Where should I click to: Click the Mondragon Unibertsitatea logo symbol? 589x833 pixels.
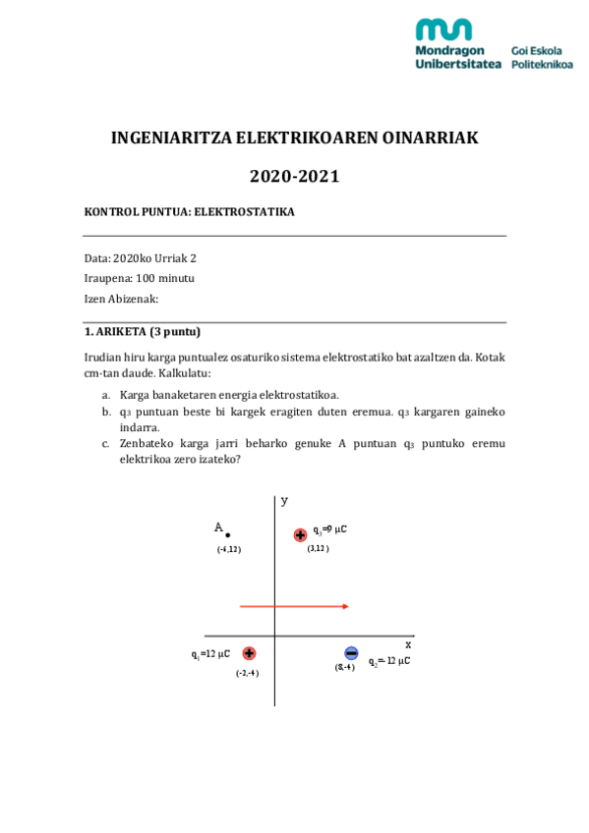coord(443,28)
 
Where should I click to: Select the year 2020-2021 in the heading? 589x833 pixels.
coord(294,177)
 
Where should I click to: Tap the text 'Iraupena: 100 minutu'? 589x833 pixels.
coord(140,278)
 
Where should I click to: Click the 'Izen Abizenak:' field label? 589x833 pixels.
coord(121,299)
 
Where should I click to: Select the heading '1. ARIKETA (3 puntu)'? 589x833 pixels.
coord(143,332)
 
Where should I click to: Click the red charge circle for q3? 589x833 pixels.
coord(300,535)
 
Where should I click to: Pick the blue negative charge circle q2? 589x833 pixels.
coord(351,653)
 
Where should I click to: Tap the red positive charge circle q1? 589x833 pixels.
coord(249,653)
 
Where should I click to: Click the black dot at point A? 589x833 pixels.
coord(228,535)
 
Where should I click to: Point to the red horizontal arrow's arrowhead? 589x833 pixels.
coord(345,607)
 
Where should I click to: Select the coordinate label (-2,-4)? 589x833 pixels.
coord(247,673)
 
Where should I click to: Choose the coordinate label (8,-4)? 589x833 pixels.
coord(344,668)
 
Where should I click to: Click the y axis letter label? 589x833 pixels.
coord(284,501)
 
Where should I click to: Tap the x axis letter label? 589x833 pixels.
coord(408,644)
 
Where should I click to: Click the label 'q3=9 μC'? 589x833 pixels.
coord(330,529)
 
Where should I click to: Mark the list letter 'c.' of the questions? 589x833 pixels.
coord(106,444)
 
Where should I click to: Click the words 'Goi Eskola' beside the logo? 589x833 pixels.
coord(537,50)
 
